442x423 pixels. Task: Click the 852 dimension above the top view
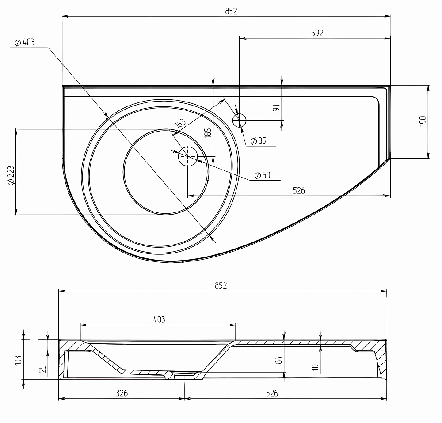pos(231,11)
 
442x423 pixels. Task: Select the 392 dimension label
pos(317,33)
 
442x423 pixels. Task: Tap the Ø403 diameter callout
pos(24,42)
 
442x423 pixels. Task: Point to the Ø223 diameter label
pos(11,175)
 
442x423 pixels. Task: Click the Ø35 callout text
pos(258,140)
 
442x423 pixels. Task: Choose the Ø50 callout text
pos(263,175)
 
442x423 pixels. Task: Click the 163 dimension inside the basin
pos(180,123)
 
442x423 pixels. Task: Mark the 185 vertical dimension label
pos(208,133)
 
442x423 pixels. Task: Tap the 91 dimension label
pos(277,108)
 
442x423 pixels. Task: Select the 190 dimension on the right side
pos(423,121)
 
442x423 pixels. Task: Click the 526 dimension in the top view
pos(299,191)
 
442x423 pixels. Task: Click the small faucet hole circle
pos(239,121)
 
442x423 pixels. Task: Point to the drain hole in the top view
pos(188,156)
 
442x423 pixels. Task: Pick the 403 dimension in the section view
pos(159,319)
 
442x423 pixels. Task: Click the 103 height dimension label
pos(18,360)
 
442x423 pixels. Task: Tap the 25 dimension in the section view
pos(42,369)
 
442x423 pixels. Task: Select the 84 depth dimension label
pos(278,360)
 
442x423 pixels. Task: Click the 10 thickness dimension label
pos(316,367)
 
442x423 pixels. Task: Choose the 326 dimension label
pos(122,393)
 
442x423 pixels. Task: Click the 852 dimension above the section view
pos(221,286)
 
